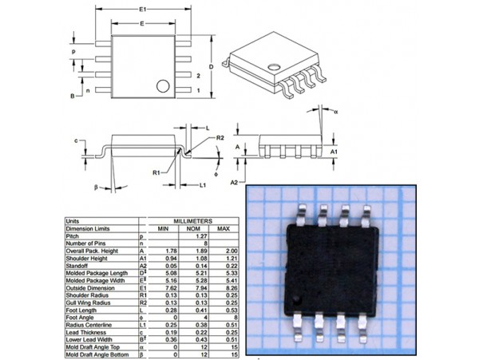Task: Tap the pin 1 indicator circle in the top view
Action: [x=163, y=85]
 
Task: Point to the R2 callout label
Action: [x=220, y=138]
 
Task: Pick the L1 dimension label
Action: [x=203, y=184]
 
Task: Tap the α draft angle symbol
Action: [x=337, y=113]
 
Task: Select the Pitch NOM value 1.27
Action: [x=192, y=236]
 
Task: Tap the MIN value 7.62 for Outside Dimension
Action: [x=163, y=287]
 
